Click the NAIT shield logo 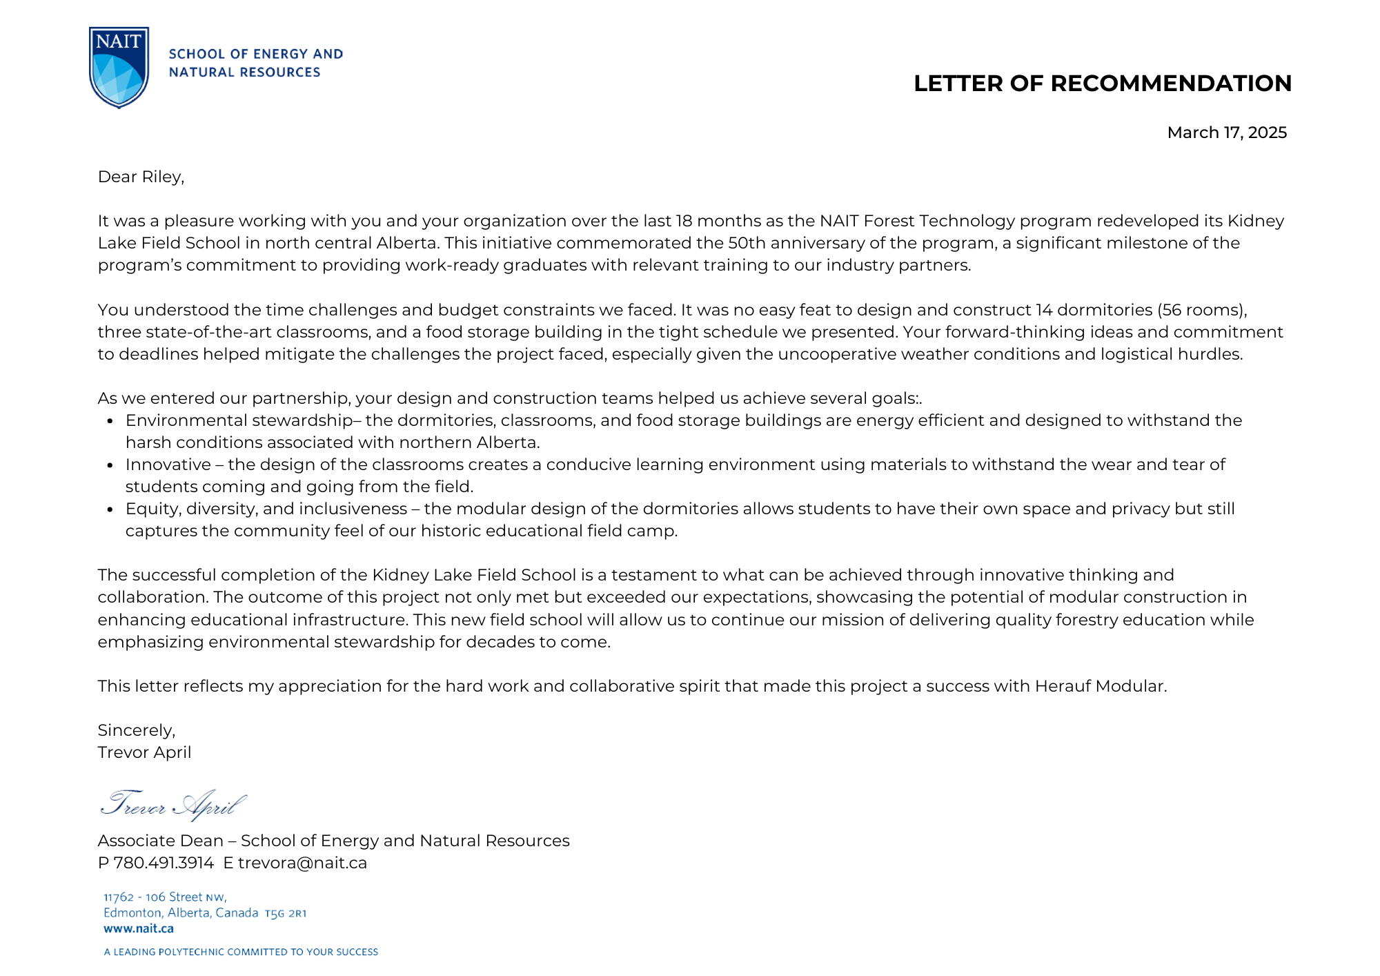(119, 67)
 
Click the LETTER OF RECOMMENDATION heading (1102, 84)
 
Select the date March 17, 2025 (1226, 133)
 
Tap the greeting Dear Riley (141, 177)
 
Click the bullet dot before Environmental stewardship (110, 421)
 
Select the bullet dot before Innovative (110, 465)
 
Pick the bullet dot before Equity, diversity (110, 509)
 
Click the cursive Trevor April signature (172, 805)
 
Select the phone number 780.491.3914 (164, 863)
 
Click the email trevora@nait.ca (302, 863)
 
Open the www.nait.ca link (139, 929)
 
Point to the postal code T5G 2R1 (285, 913)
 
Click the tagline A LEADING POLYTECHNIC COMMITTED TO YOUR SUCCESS (241, 952)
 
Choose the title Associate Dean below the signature (160, 841)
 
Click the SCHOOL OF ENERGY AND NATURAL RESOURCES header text (255, 63)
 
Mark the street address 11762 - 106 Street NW (165, 897)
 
